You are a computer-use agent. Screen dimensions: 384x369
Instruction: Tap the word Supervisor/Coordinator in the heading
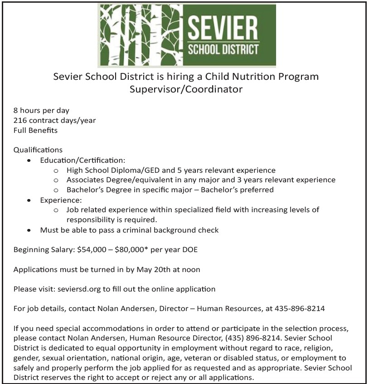click(x=186, y=89)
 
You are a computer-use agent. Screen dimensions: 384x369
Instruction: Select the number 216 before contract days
click(x=20, y=120)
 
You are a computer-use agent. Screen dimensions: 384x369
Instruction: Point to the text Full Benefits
click(x=35, y=130)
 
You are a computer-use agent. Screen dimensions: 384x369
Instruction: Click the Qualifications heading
click(x=38, y=150)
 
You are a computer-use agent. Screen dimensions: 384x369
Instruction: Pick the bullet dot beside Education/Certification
click(x=29, y=160)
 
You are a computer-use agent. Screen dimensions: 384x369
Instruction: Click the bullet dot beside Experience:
click(x=29, y=200)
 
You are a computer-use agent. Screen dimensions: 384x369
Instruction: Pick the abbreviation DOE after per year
click(x=190, y=249)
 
